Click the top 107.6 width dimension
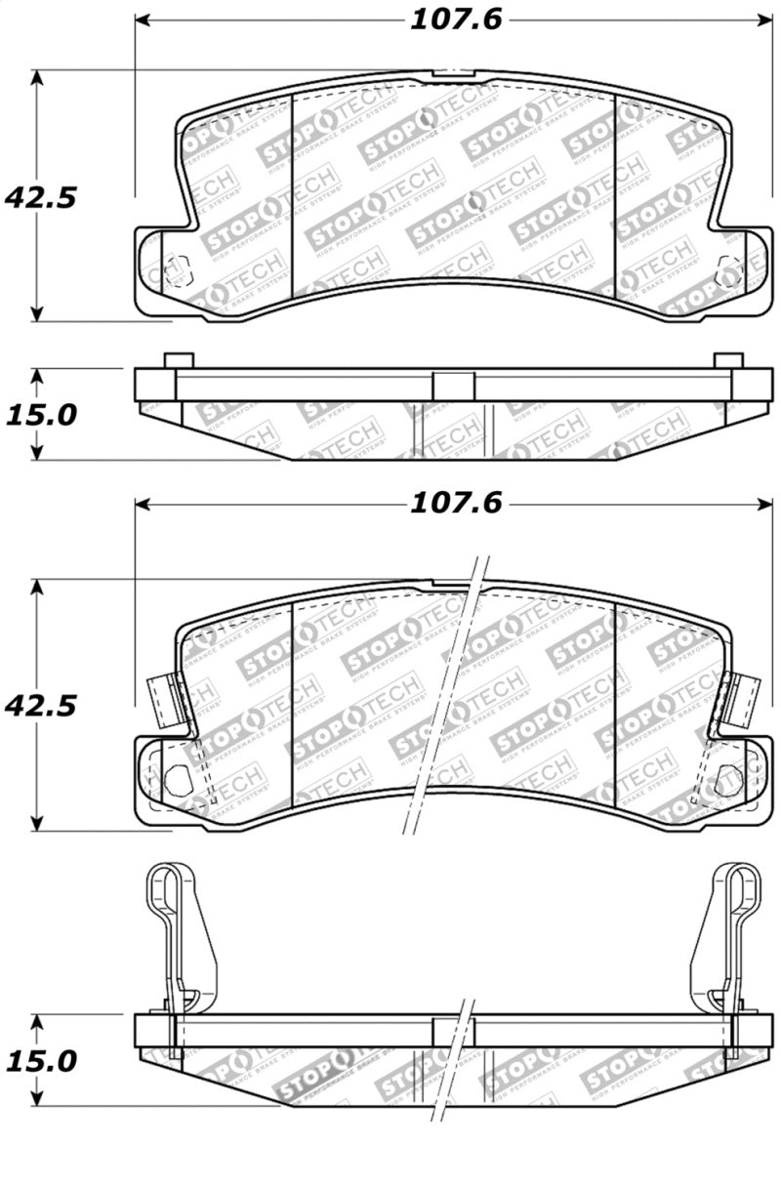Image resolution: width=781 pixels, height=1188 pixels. click(454, 20)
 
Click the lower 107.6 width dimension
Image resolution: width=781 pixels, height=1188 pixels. click(454, 503)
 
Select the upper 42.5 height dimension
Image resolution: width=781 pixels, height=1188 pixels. click(40, 198)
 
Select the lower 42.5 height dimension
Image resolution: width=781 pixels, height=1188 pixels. click(40, 705)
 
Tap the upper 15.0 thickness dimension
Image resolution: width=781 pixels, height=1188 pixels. click(40, 415)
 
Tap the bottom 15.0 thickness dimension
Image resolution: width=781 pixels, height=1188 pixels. click(40, 1060)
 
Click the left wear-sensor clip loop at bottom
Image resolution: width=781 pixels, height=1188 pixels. click(162, 888)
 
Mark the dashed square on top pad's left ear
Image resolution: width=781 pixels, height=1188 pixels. click(177, 270)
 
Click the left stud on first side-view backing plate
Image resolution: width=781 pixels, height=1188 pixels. click(178, 360)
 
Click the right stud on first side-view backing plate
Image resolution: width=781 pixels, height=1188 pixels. click(728, 360)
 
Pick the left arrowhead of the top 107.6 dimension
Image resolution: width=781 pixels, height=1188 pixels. click(143, 20)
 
